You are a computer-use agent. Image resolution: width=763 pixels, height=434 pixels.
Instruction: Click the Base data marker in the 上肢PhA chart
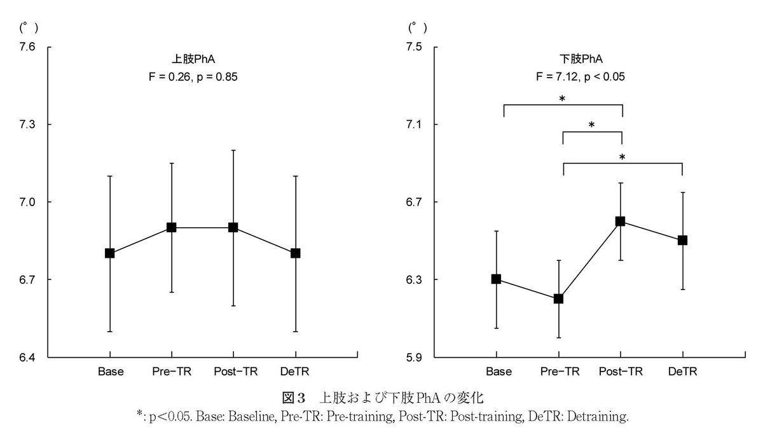click(109, 253)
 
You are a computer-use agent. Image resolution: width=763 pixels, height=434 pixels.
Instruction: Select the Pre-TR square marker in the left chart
click(171, 227)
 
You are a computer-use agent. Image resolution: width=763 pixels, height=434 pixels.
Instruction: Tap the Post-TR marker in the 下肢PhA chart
click(621, 221)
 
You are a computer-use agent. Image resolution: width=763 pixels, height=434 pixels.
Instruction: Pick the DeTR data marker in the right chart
click(682, 241)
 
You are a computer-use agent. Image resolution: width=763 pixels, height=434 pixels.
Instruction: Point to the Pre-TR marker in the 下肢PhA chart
click(558, 298)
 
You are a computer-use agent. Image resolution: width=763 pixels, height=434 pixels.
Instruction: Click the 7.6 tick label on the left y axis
click(27, 46)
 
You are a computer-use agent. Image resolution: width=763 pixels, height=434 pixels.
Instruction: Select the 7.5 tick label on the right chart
click(414, 46)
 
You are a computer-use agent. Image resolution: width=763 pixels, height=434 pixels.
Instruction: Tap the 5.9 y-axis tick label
click(414, 357)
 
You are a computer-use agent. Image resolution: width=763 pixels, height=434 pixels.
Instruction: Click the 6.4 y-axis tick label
click(27, 357)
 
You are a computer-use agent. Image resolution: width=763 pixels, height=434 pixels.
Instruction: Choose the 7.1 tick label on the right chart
click(414, 125)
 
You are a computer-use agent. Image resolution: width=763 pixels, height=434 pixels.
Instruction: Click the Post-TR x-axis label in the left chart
click(236, 371)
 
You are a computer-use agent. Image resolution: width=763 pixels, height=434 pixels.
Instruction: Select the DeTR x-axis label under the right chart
click(683, 371)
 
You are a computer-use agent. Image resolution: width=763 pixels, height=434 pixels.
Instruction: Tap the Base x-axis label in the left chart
click(111, 371)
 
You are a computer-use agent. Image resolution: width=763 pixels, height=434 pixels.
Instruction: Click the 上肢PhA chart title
click(193, 59)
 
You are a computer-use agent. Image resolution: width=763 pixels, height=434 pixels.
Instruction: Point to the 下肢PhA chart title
click(581, 59)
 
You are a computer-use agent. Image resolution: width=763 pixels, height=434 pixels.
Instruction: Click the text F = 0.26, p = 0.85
click(193, 77)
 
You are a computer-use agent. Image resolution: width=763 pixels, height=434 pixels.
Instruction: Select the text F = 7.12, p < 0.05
click(581, 77)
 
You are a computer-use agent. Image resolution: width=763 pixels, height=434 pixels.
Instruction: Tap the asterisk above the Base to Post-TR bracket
click(562, 99)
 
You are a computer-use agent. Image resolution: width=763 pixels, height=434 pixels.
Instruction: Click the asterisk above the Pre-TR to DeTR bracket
click(622, 158)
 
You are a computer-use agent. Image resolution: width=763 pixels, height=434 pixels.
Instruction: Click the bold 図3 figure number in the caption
click(293, 398)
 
